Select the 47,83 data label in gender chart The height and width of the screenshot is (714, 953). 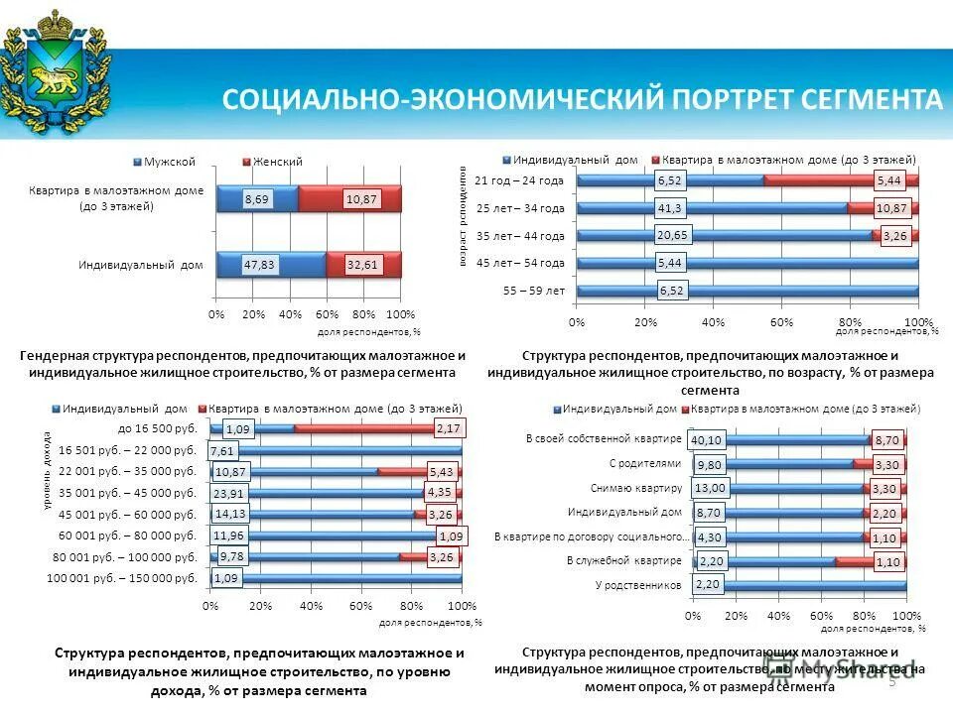point(262,265)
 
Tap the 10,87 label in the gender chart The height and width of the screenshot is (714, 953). point(360,199)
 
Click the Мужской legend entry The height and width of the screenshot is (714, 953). point(169,161)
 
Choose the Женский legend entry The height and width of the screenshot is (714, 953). point(278,161)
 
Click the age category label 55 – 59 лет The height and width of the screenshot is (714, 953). point(534,291)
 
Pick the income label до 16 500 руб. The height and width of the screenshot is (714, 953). point(157,428)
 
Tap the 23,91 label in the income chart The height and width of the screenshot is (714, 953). point(229,493)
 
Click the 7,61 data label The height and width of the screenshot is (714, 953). point(223,450)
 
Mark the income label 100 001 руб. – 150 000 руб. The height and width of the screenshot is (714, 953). point(122,577)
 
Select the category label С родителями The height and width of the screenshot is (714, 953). point(645,462)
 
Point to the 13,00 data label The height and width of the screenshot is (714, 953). point(711,488)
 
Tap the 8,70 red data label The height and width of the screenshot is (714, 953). point(886,440)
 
